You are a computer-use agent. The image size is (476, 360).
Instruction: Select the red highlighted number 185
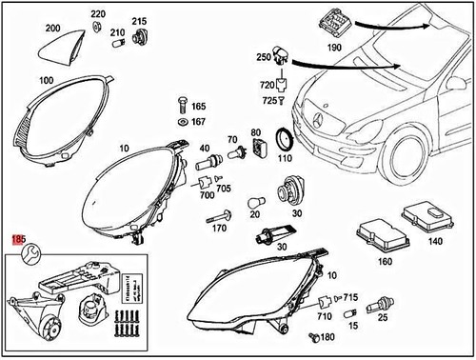coord(17,237)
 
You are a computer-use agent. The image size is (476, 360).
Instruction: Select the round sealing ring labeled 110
coord(284,140)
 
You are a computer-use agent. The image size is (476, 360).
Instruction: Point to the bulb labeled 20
coord(255,203)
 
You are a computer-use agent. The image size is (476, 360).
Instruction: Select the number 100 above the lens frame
coord(45,80)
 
